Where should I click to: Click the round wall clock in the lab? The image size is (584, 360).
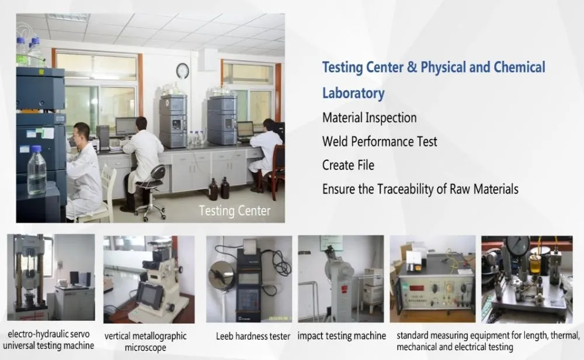(x=182, y=71)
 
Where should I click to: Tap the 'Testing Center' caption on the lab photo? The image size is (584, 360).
(x=235, y=210)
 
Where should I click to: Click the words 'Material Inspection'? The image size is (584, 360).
(x=369, y=117)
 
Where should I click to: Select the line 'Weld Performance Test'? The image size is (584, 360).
(x=380, y=141)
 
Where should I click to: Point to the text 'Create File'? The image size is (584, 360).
(x=349, y=165)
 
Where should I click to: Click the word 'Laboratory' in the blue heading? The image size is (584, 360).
(x=353, y=93)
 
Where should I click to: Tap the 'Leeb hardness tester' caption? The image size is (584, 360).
(x=253, y=336)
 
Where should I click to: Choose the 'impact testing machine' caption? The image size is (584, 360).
(x=342, y=336)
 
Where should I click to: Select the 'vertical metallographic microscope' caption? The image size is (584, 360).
(x=145, y=341)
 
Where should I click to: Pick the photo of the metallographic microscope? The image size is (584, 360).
(x=149, y=279)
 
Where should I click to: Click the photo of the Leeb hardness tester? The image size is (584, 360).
(x=249, y=279)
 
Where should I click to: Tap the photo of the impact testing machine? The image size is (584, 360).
(x=341, y=279)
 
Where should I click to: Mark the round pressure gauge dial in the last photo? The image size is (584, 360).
(x=517, y=246)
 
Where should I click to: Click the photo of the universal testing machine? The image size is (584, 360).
(x=50, y=277)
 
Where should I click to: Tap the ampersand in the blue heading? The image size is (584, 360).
(x=411, y=67)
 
